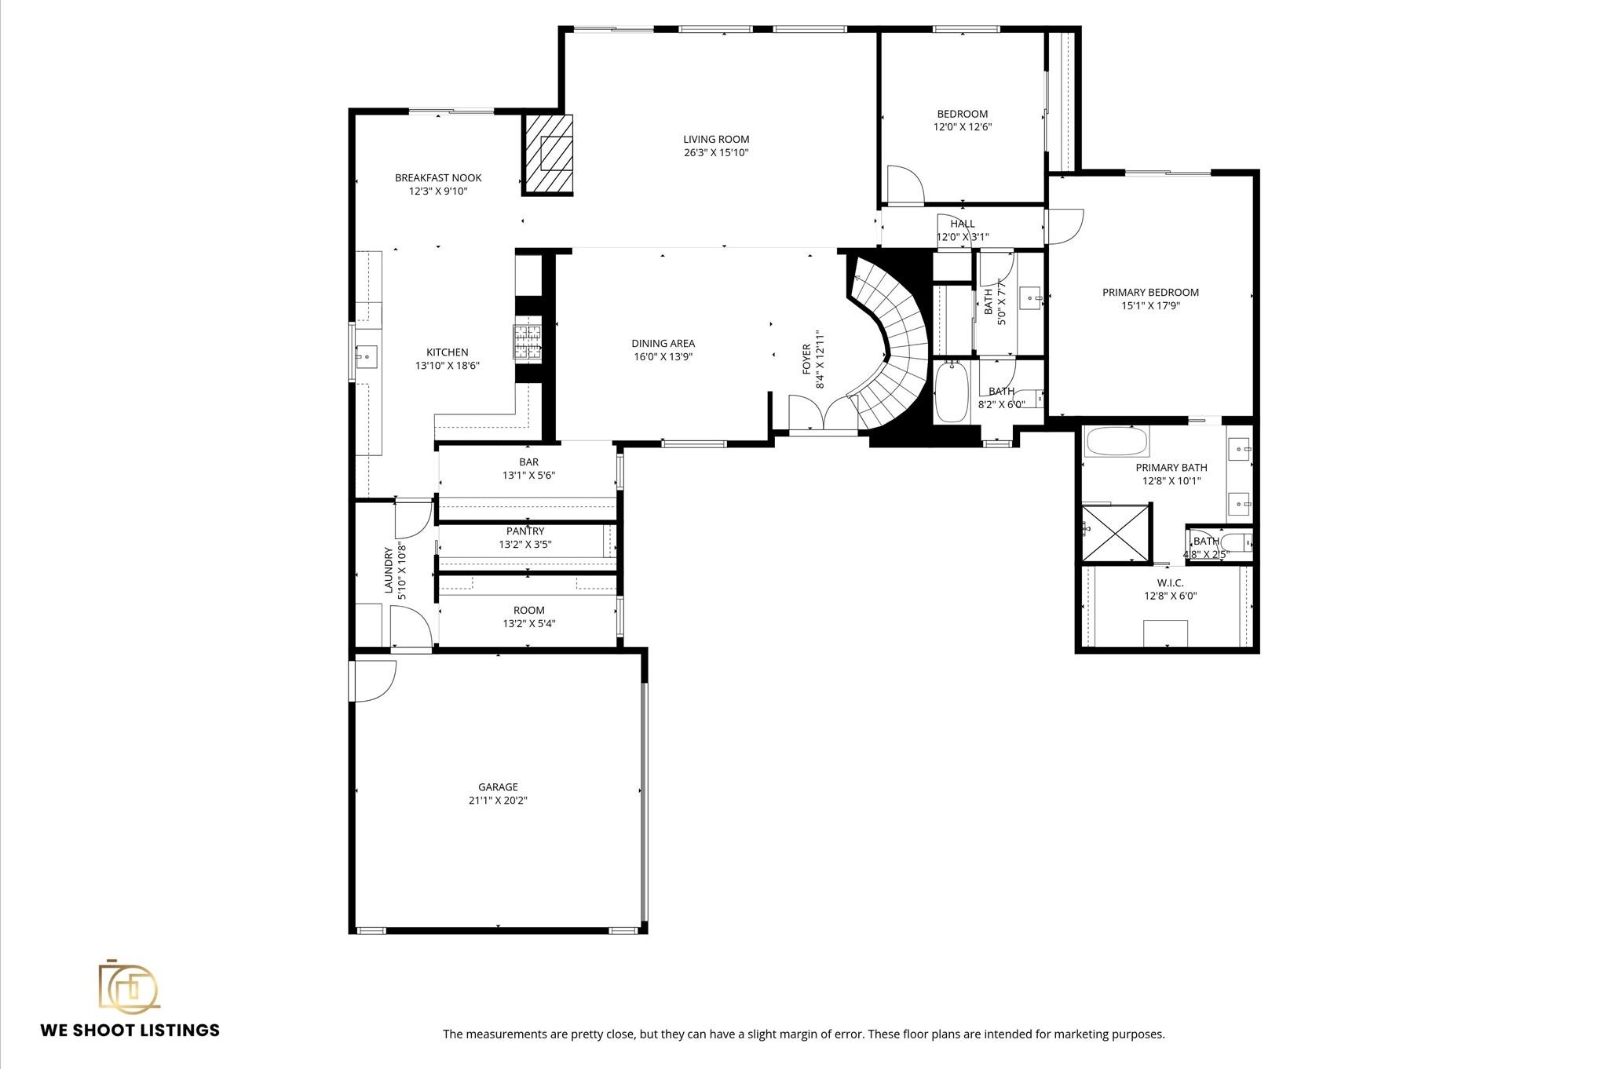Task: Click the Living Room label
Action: click(x=715, y=140)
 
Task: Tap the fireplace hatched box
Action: click(x=549, y=154)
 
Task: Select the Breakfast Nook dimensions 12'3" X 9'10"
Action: click(x=437, y=191)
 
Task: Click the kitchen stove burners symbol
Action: click(x=528, y=342)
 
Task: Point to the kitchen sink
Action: click(x=366, y=357)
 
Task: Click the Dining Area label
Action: click(x=663, y=343)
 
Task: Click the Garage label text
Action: click(x=498, y=787)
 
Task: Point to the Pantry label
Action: click(x=524, y=531)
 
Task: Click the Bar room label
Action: click(x=528, y=462)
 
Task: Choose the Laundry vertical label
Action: click(x=388, y=570)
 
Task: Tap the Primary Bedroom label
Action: click(x=1149, y=293)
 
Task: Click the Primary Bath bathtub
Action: click(x=1116, y=442)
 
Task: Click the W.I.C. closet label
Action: click(x=1169, y=583)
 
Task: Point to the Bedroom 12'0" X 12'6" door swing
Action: click(x=904, y=185)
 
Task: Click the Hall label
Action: click(x=962, y=224)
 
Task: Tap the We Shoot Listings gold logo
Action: click(x=128, y=986)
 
